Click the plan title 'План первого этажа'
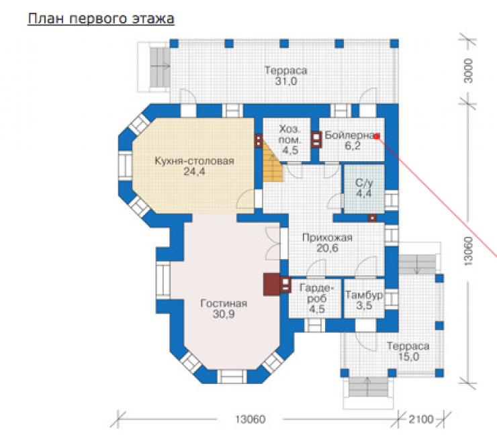pos(101,18)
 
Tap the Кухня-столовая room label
pos(194,161)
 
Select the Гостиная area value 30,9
pos(224,314)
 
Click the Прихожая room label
pos(328,238)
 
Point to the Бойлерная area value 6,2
pos(352,146)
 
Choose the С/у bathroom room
pos(364,189)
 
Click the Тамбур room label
pos(364,295)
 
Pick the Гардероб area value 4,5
pos(317,309)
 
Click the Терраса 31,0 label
pos(286,76)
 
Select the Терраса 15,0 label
pos(408,351)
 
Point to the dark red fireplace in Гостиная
pos(271,285)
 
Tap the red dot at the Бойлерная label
pos(377,136)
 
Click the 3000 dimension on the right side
pos(468,70)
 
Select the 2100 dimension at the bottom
pos(421,419)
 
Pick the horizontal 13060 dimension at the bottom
pos(250,419)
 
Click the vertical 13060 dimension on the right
pos(468,251)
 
